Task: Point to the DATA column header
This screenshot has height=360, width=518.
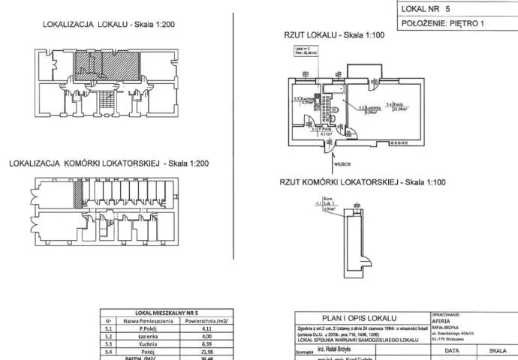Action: pos(452,350)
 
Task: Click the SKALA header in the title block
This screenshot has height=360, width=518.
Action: pos(497,350)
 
